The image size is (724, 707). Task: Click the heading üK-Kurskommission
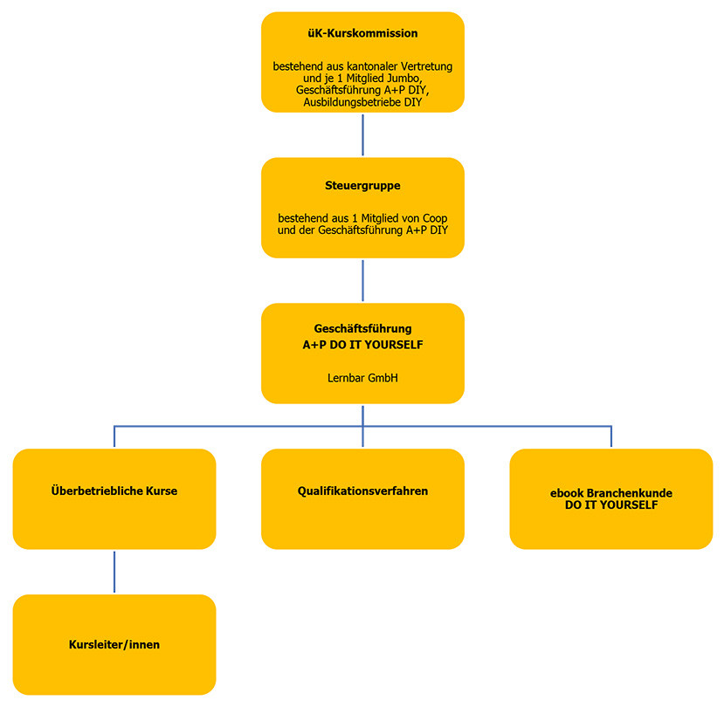point(362,34)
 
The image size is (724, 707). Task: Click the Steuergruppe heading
point(362,185)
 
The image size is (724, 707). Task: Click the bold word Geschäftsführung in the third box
point(362,329)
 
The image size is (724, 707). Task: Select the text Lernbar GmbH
point(362,379)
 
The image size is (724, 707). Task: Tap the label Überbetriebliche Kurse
point(114,491)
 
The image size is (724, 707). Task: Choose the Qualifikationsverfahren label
point(362,491)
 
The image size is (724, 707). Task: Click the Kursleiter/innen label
point(114,645)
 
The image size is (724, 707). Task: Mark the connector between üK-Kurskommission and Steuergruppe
point(362,134)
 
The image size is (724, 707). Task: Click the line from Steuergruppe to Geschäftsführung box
point(362,280)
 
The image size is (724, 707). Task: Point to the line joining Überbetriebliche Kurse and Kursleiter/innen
point(114,572)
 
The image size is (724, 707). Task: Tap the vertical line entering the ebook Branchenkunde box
point(611,437)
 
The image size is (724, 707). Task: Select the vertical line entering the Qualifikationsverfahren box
point(362,437)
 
